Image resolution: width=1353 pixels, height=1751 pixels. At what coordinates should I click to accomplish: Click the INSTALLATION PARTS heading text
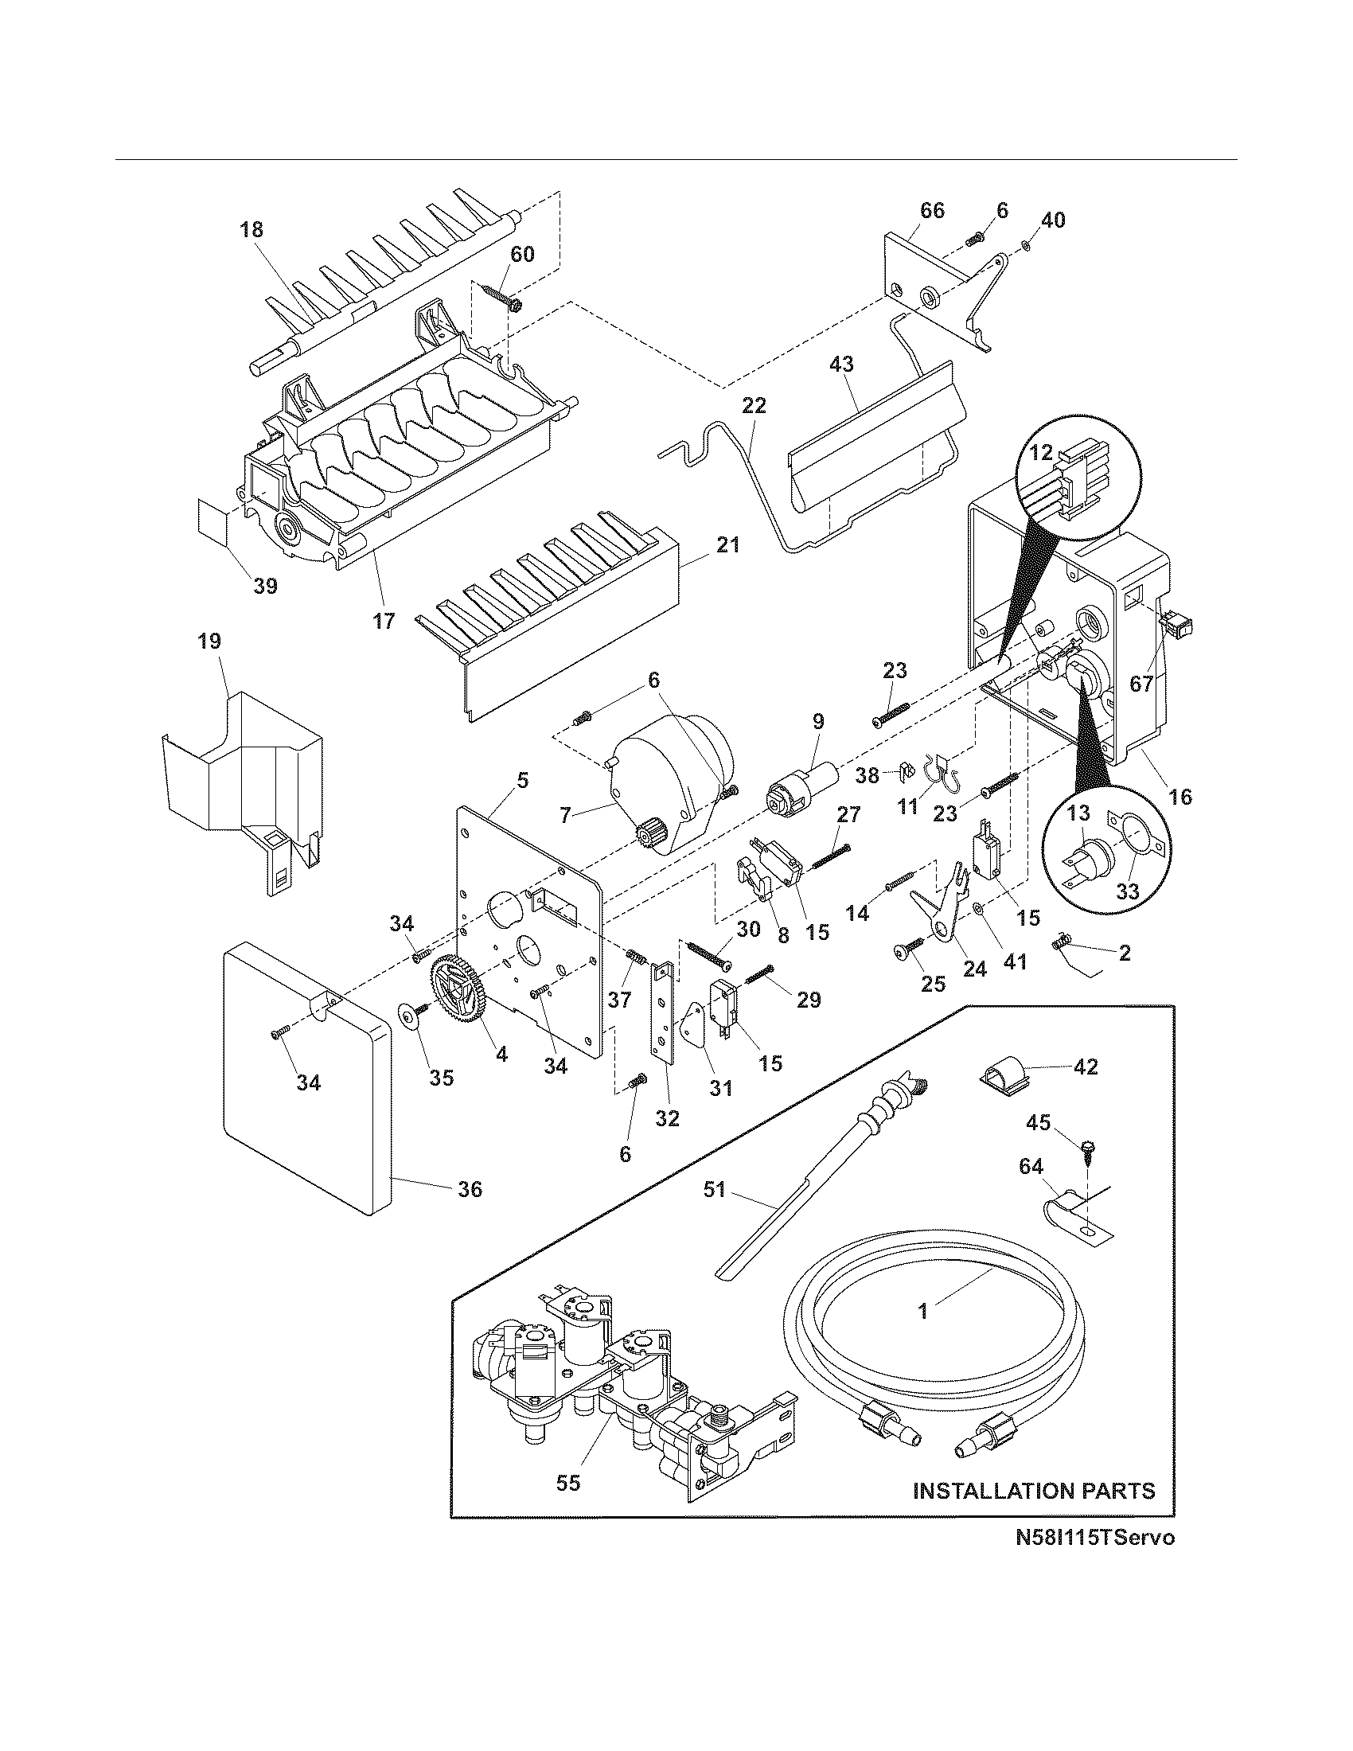(1034, 1491)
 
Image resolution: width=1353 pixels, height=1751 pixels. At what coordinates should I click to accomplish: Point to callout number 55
(567, 1484)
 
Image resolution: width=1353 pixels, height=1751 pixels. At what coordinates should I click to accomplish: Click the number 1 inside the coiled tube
(922, 1311)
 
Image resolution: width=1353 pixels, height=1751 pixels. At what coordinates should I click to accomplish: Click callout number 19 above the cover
(210, 641)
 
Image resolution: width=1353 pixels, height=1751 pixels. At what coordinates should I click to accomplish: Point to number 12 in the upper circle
(1041, 453)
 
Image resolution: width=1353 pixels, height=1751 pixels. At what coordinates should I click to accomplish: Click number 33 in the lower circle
(1127, 892)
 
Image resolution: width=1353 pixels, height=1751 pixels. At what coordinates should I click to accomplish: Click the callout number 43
(840, 364)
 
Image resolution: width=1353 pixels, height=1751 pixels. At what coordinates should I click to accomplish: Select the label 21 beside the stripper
(727, 545)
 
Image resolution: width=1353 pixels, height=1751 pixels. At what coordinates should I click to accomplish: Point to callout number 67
(1140, 684)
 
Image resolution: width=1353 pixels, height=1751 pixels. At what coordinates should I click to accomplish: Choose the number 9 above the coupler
(817, 721)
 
